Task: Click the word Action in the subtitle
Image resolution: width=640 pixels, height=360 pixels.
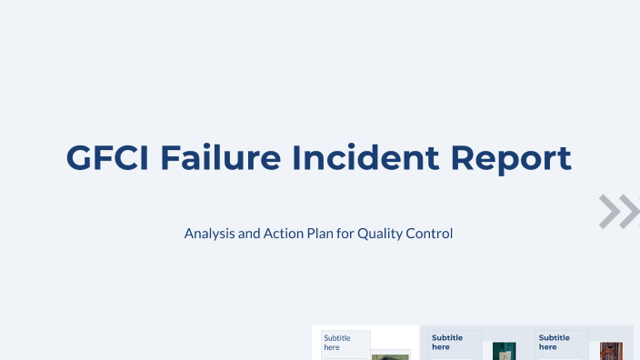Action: click(282, 234)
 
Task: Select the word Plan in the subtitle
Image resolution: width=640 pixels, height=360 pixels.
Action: click(319, 234)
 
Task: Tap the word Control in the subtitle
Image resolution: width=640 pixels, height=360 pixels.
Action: click(430, 234)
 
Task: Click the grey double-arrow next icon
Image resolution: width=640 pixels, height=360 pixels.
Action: click(618, 211)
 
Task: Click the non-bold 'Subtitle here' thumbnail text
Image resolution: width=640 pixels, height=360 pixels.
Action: click(337, 342)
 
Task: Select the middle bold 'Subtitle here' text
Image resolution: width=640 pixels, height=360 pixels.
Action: click(447, 342)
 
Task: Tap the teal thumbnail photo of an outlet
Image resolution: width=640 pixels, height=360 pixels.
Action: click(504, 351)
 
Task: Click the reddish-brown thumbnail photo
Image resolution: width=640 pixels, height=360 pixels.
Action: click(611, 351)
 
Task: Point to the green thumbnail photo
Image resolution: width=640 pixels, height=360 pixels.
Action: click(390, 355)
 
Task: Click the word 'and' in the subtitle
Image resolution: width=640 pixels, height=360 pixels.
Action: click(250, 234)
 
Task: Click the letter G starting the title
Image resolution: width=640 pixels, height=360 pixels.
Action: click(79, 157)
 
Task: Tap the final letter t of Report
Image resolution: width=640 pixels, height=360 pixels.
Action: click(565, 157)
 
